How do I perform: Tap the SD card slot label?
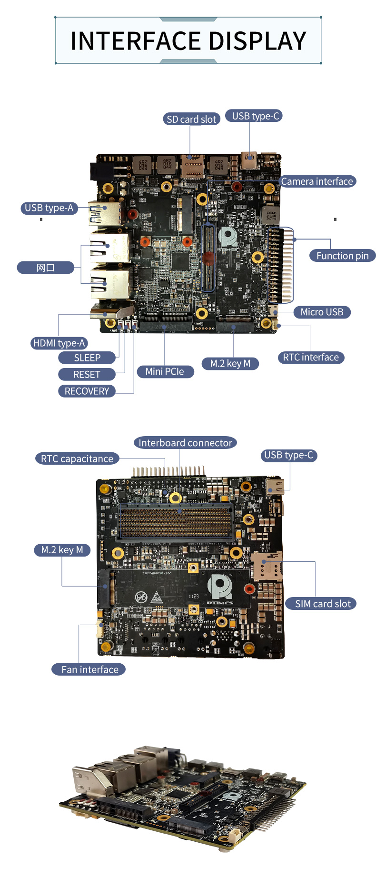pos(191,119)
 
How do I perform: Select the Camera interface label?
pos(317,181)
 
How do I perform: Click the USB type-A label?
pos(49,208)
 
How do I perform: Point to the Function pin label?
pos(342,256)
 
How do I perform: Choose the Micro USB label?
pos(322,312)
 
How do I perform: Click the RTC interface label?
pos(311,358)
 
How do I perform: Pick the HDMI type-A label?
pos(59,343)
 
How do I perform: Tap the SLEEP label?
pos(87,358)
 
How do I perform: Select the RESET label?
pos(87,375)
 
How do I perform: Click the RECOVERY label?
pos(87,391)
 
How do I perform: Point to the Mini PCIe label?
pos(165,372)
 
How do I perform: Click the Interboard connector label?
pos(185,443)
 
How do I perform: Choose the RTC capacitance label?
pos(77,459)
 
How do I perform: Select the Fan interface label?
pos(89,670)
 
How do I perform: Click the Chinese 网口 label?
pos(46,268)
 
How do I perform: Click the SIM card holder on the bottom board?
pos(267,566)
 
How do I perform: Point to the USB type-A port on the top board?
pos(106,213)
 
